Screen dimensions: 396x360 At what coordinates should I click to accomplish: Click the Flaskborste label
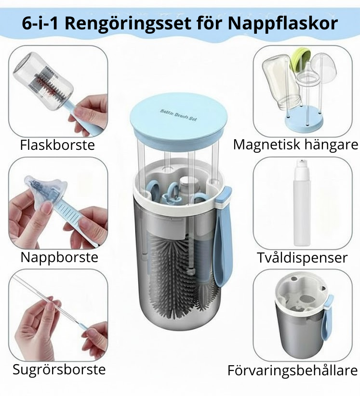57,145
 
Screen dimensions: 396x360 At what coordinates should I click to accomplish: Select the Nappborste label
59,257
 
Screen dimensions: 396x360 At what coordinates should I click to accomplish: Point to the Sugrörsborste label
59,370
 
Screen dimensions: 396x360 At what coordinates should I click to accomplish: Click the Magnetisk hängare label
295,144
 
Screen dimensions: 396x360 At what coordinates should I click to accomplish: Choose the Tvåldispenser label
302,257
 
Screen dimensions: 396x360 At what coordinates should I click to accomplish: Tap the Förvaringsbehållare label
293,370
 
